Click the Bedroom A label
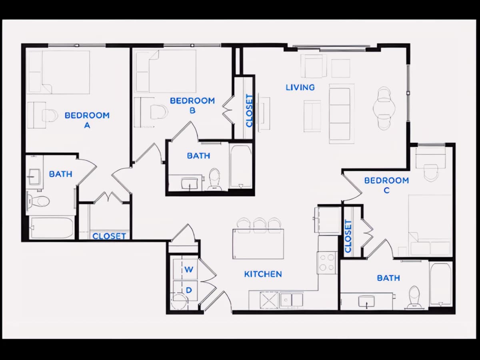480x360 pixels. point(87,120)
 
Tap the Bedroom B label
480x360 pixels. point(192,106)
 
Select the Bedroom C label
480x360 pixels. point(386,185)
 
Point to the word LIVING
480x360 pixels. point(300,88)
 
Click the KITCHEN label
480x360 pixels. point(263,274)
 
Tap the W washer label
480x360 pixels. point(189,270)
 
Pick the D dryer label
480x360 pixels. point(189,290)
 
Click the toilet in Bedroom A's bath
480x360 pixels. point(38,201)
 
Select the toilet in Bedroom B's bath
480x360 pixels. point(214,179)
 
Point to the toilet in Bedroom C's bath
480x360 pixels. point(414,297)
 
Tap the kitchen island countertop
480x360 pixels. point(258,244)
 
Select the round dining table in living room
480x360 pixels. point(384,108)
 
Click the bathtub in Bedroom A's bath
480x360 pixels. point(52,228)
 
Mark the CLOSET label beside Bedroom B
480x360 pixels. point(249,110)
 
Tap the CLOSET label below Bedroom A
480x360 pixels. point(109,236)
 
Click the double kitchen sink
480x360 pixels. point(292,300)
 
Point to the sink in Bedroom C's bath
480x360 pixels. point(366,301)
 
